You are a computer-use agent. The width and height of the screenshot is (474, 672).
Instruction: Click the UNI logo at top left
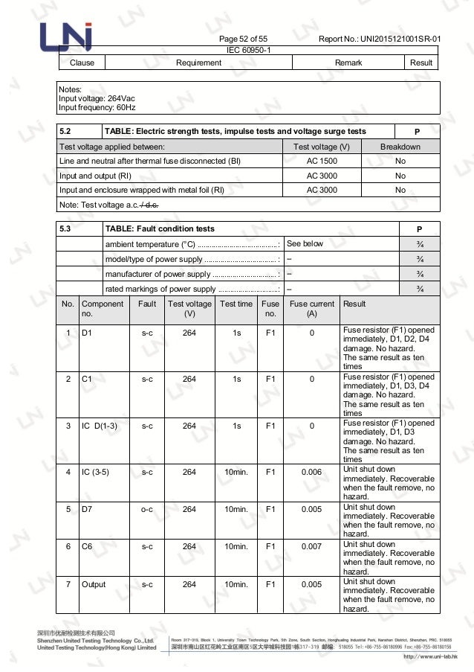[x=67, y=35]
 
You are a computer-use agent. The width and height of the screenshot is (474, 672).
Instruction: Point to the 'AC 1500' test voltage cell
[x=322, y=161]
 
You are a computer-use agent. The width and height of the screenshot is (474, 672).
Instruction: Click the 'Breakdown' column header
[x=400, y=147]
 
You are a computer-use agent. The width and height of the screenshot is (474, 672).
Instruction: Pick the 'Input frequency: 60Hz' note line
[x=97, y=107]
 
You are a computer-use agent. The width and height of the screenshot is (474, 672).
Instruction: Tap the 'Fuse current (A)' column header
[x=311, y=308]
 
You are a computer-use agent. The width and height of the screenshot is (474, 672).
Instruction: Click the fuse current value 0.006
[x=311, y=472]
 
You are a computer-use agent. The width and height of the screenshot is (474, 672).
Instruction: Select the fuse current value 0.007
[x=311, y=546]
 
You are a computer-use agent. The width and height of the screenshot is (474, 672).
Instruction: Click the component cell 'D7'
[x=88, y=509]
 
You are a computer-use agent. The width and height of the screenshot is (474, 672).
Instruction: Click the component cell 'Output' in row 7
[x=94, y=584]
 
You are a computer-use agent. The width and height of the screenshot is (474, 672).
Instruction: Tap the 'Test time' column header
[x=236, y=304]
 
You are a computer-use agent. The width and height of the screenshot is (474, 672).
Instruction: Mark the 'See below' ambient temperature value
[x=305, y=243]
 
